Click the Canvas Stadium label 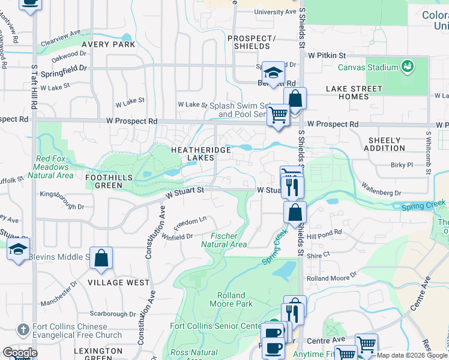pyautogui.click(x=367, y=67)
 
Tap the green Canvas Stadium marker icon pyautogui.click(x=408, y=66)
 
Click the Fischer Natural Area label pyautogui.click(x=223, y=240)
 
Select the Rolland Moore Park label pyautogui.click(x=231, y=299)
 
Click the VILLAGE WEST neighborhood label pyautogui.click(x=118, y=282)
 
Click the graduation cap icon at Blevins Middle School pyautogui.click(x=18, y=249)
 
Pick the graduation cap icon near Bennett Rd pyautogui.click(x=273, y=73)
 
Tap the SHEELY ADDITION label pyautogui.click(x=385, y=144)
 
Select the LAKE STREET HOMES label pyautogui.click(x=354, y=92)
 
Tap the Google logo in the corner pyautogui.click(x=20, y=353)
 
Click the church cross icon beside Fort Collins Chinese pyautogui.click(x=23, y=330)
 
